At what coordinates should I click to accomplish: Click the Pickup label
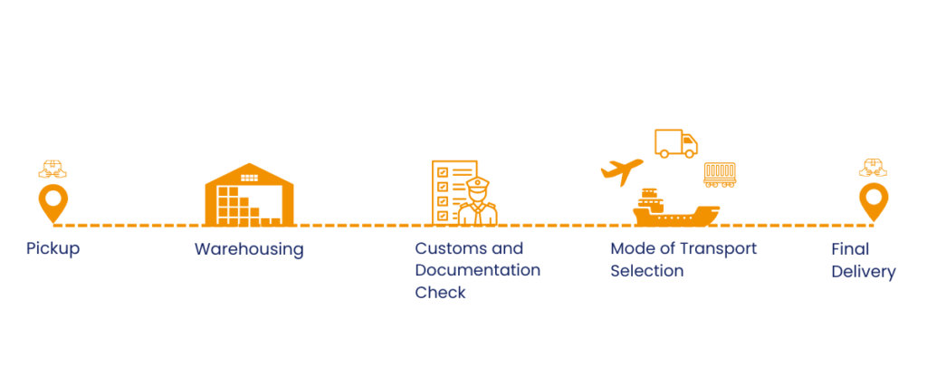click(x=53, y=248)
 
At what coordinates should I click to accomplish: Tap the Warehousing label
click(x=249, y=248)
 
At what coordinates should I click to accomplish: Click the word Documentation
click(x=477, y=270)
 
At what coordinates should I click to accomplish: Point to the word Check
click(x=440, y=292)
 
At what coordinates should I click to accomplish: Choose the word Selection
click(x=646, y=270)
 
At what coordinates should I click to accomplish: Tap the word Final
click(x=849, y=248)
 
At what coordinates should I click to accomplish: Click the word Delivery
click(x=863, y=271)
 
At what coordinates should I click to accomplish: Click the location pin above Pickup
click(x=53, y=201)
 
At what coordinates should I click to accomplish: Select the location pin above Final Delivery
click(x=873, y=201)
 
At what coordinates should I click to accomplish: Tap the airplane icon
click(x=622, y=170)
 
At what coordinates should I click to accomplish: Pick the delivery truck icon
click(x=676, y=143)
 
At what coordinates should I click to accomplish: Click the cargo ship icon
click(x=674, y=208)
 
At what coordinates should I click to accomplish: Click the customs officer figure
click(x=477, y=201)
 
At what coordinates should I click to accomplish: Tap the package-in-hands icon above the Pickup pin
click(x=53, y=169)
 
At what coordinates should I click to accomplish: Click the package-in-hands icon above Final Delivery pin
click(x=873, y=168)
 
